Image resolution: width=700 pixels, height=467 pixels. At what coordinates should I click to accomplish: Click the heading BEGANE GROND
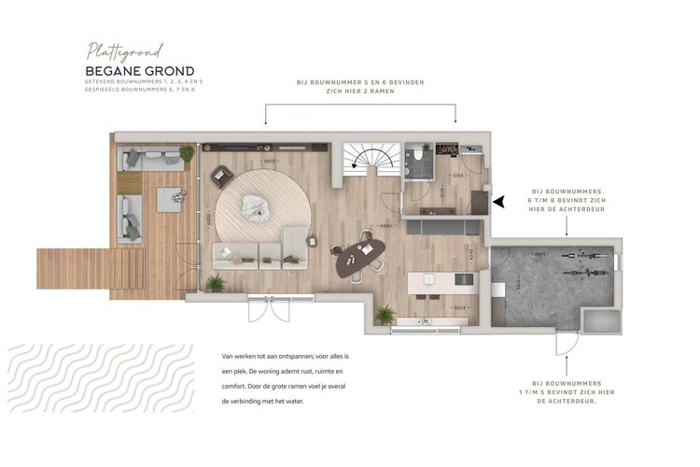tap(140, 71)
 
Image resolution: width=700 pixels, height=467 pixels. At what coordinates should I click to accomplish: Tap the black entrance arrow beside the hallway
tap(498, 200)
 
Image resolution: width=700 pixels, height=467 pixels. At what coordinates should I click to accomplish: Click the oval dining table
tap(360, 258)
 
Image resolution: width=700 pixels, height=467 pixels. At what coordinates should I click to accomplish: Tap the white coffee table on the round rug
tap(254, 206)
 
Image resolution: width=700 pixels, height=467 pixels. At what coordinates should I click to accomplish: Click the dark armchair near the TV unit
tap(222, 176)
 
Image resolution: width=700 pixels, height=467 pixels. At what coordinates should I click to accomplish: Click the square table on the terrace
tap(169, 199)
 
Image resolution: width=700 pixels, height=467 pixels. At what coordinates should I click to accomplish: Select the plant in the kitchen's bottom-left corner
tap(385, 315)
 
